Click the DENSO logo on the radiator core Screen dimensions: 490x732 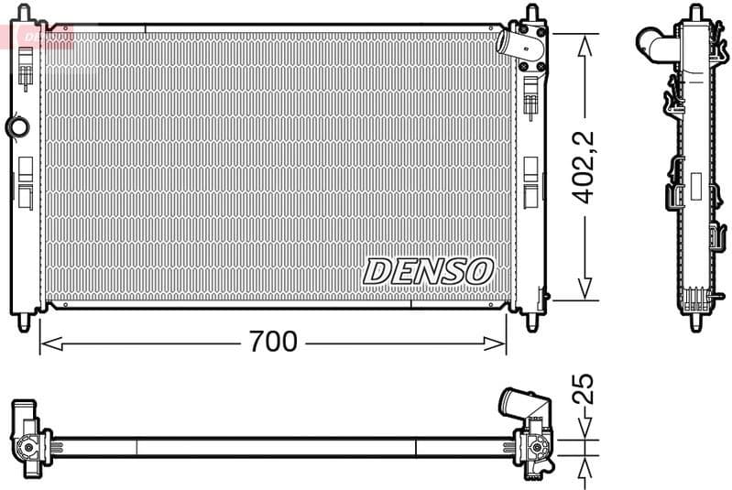tap(428, 270)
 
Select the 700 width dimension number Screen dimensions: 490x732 tap(273, 342)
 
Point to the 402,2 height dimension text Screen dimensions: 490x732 tap(584, 168)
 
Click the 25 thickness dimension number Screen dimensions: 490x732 tap(583, 389)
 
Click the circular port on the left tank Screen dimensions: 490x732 tap(16, 126)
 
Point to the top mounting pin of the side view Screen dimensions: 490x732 tap(695, 13)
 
